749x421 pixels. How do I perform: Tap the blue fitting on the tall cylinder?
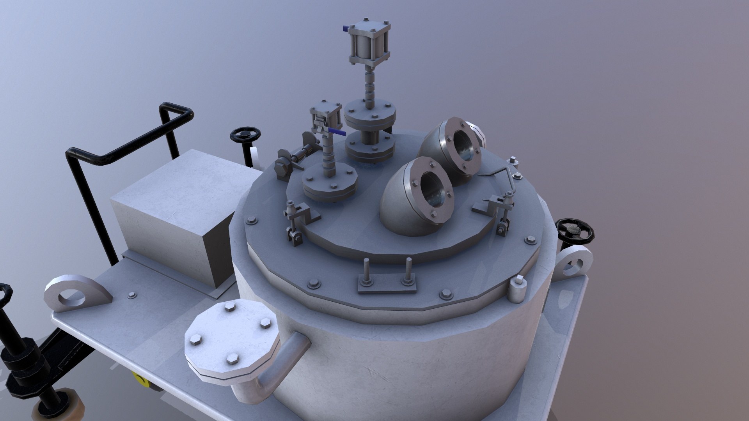point(346,28)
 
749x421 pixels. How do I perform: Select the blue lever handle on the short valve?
point(337,132)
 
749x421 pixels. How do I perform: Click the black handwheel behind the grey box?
point(245,135)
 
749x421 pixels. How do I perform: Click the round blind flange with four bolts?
point(231,337)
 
